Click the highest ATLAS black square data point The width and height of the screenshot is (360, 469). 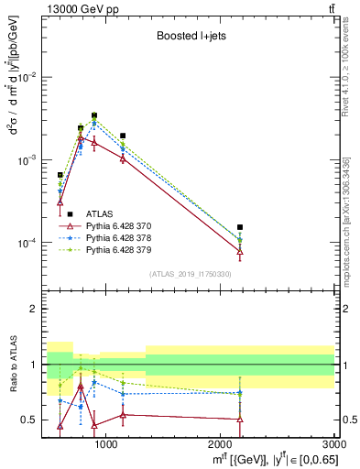(94, 115)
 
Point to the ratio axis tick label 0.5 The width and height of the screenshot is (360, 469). (31, 420)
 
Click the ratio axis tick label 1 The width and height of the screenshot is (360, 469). (35, 365)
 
